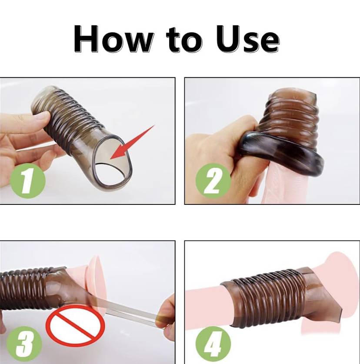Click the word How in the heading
(x=113, y=39)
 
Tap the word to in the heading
(x=184, y=40)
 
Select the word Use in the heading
(x=247, y=39)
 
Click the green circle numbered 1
(x=28, y=180)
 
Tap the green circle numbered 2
(x=213, y=180)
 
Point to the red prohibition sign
(x=75, y=326)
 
